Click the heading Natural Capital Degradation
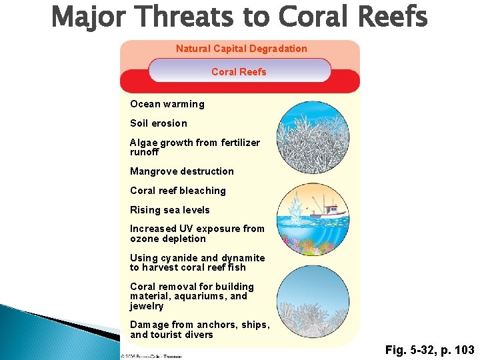(241, 49)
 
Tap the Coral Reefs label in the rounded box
(239, 72)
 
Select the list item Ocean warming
(167, 104)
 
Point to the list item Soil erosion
(159, 123)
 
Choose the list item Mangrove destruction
(182, 171)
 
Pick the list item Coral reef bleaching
(178, 191)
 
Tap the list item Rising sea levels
(170, 210)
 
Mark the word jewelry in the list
(147, 306)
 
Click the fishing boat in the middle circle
(333, 212)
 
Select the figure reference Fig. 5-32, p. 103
(430, 350)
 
